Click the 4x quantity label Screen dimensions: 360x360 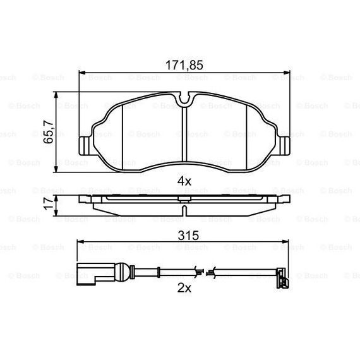(x=184, y=181)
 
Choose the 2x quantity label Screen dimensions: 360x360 (x=184, y=288)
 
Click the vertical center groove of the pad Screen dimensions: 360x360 (x=184, y=136)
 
